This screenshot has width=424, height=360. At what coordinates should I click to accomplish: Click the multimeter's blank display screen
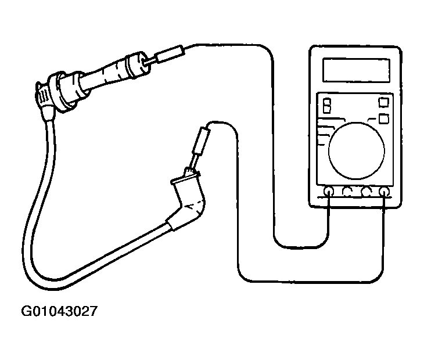click(x=356, y=70)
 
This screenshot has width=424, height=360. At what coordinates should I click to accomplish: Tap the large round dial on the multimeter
click(x=357, y=151)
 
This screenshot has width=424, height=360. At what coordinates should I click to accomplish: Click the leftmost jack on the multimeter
click(x=329, y=192)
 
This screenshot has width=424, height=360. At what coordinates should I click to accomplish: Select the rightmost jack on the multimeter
click(x=384, y=192)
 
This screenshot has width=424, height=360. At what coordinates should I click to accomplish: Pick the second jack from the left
click(x=347, y=192)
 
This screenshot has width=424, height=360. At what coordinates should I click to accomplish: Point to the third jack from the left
click(x=366, y=192)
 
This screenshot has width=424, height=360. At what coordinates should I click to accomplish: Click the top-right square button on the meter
click(x=384, y=102)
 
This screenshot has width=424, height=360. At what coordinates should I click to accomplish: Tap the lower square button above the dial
click(x=384, y=119)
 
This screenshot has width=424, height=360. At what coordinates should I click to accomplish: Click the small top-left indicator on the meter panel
click(x=327, y=106)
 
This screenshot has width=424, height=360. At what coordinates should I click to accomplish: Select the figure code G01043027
click(x=59, y=311)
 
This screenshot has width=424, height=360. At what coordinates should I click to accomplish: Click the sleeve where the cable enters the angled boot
click(x=173, y=223)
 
